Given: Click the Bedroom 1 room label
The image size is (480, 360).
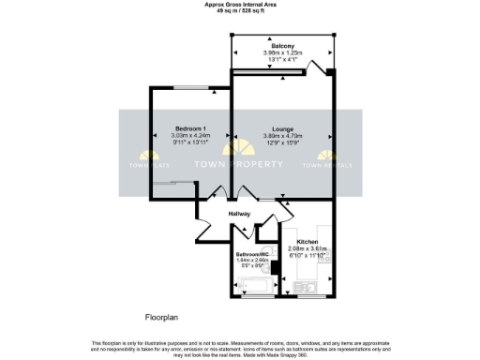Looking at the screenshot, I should [190, 127].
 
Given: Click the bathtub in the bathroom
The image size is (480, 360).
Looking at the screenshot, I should [250, 285].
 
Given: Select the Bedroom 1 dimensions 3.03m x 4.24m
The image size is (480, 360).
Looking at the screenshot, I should [190, 136].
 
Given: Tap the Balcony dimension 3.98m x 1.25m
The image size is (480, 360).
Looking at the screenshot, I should [283, 53].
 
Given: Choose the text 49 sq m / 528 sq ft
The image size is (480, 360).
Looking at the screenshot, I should [240, 11].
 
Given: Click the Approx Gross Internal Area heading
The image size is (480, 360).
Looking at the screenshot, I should [240, 5].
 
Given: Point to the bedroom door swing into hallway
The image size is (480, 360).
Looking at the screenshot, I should [217, 194].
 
